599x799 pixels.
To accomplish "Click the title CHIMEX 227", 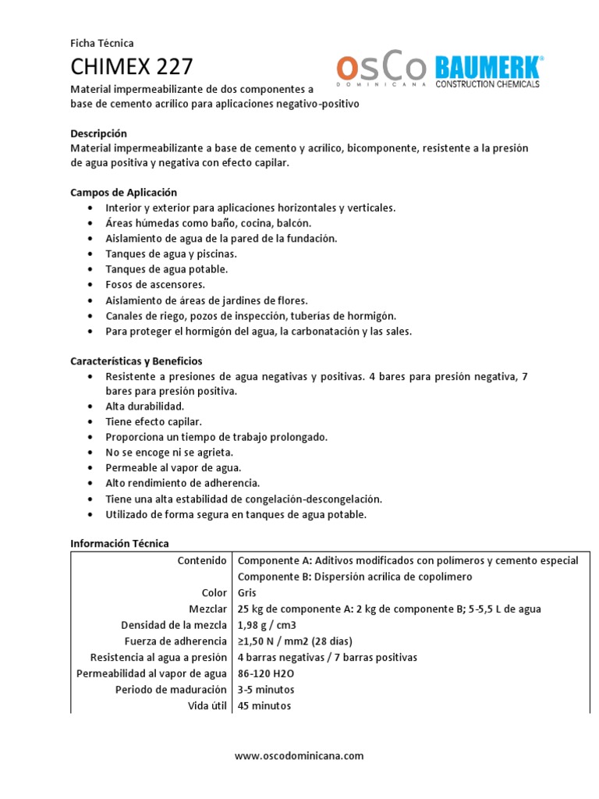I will [x=132, y=66].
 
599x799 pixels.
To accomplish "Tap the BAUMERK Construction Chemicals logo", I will [x=488, y=71].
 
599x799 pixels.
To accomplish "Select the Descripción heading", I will [x=98, y=133].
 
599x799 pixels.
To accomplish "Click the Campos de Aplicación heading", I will [x=124, y=192].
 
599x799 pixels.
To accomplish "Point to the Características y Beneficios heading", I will [x=136, y=361].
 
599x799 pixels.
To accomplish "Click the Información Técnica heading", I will [x=119, y=543].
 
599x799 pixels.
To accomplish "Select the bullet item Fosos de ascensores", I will [x=155, y=285].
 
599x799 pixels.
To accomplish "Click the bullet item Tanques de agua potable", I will [x=167, y=269].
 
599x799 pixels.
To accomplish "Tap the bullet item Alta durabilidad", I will [x=145, y=407].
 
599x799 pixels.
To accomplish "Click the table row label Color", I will [x=214, y=593].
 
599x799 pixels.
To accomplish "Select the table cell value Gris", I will [x=247, y=593].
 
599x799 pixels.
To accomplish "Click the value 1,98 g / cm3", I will [x=267, y=625].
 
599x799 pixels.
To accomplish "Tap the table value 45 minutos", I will [x=264, y=705].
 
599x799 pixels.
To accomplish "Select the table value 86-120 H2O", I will [x=268, y=673].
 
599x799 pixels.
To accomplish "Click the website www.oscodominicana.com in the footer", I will [x=299, y=755].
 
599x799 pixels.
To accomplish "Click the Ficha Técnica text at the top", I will [x=102, y=44].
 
